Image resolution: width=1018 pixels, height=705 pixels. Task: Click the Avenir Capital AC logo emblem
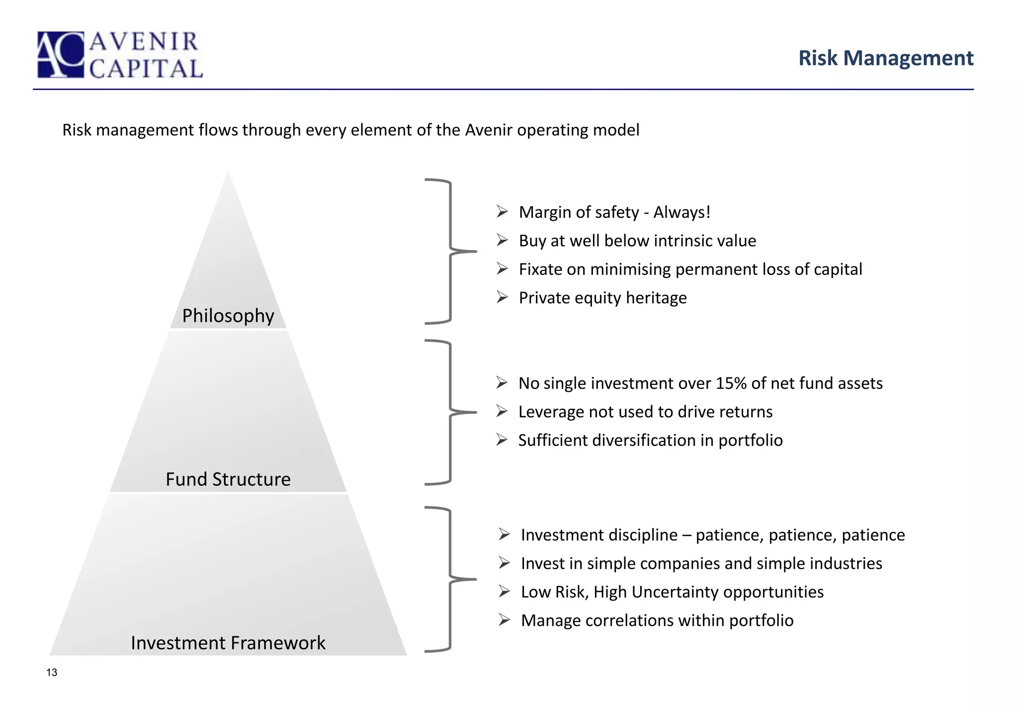pos(61,55)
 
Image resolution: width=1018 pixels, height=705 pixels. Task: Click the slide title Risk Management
pos(885,58)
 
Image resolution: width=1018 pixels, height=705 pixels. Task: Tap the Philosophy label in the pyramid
pos(228,316)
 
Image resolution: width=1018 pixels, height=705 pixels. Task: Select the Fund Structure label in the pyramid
pos(228,479)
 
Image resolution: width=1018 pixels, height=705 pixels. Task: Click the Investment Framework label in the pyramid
pos(228,643)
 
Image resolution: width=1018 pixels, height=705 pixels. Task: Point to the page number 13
pos(52,673)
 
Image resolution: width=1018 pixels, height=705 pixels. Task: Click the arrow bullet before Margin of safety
pos(502,212)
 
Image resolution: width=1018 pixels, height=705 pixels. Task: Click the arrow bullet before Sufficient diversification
pos(502,440)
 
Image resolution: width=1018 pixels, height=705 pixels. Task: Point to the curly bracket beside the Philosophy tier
pos(450,252)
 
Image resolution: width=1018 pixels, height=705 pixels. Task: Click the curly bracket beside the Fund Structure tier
pos(450,412)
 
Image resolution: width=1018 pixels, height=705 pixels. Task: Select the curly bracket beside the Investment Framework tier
pos(450,579)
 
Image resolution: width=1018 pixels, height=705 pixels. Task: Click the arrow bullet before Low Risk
pos(505,592)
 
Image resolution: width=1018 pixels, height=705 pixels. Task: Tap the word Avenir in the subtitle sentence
pos(489,130)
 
